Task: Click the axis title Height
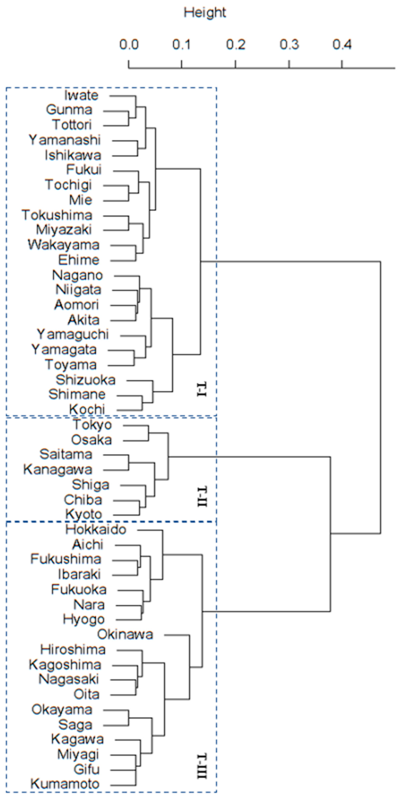205,13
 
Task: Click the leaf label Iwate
81,95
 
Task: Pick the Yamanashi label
65,140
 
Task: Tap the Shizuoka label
86,380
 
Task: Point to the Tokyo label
92,425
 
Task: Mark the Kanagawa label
58,470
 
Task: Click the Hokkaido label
96,529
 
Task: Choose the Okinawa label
125,634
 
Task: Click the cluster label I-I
202,390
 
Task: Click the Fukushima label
66,559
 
